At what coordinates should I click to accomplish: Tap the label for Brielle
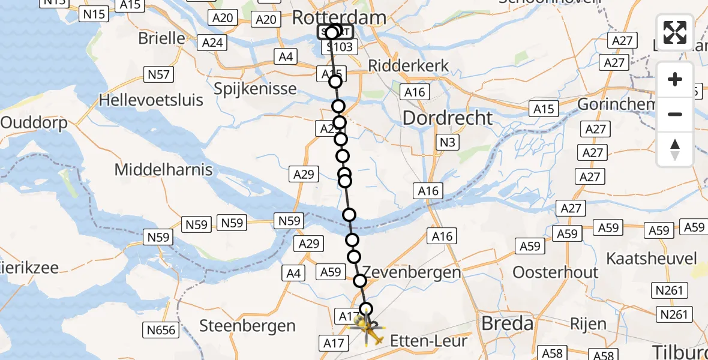[161, 38]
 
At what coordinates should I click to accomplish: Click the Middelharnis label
[163, 170]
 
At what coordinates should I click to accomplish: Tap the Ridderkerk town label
[408, 65]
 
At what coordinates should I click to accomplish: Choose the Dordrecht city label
[448, 118]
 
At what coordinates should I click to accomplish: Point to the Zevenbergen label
[412, 272]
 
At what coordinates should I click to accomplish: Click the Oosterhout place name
[555, 272]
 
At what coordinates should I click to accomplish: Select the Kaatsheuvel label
[652, 259]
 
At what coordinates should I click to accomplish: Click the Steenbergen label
[247, 326]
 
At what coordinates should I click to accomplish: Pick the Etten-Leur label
[428, 341]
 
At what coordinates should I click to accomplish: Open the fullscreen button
[675, 32]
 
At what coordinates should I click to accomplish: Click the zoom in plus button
[675, 80]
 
